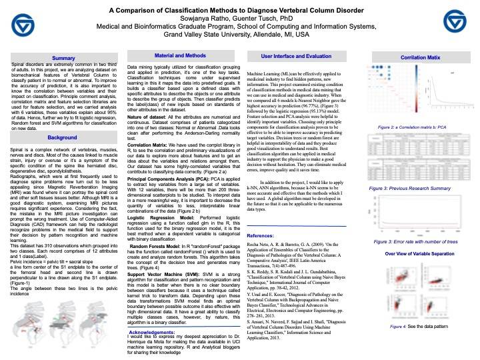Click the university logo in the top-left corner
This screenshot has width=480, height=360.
23,25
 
